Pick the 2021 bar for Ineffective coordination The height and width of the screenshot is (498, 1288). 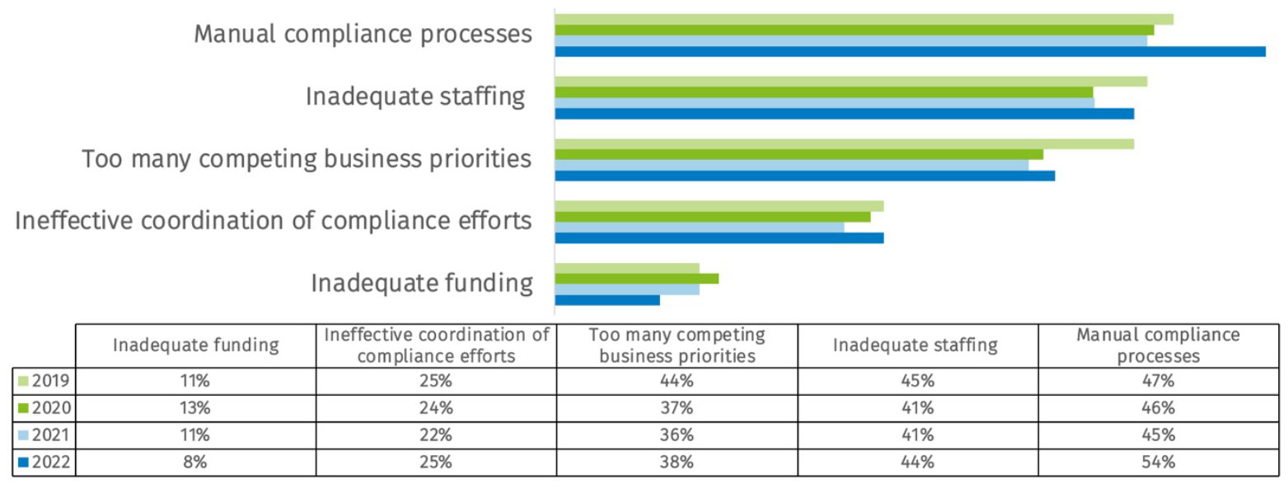tap(700, 227)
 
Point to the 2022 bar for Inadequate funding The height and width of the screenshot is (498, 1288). tap(607, 300)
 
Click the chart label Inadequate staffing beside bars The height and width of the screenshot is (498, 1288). tap(415, 96)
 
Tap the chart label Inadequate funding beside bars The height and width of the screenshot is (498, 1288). tap(421, 283)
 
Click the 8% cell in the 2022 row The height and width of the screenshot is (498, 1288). tap(195, 462)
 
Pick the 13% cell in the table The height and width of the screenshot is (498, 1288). tap(195, 407)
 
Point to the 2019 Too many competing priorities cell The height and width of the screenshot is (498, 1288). tap(677, 380)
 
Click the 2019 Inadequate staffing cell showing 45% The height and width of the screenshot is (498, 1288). tap(916, 380)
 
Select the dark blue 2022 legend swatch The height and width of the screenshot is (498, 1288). tap(23, 463)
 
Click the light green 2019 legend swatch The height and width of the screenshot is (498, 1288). tap(23, 381)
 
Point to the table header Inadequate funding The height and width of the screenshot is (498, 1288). tap(195, 345)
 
